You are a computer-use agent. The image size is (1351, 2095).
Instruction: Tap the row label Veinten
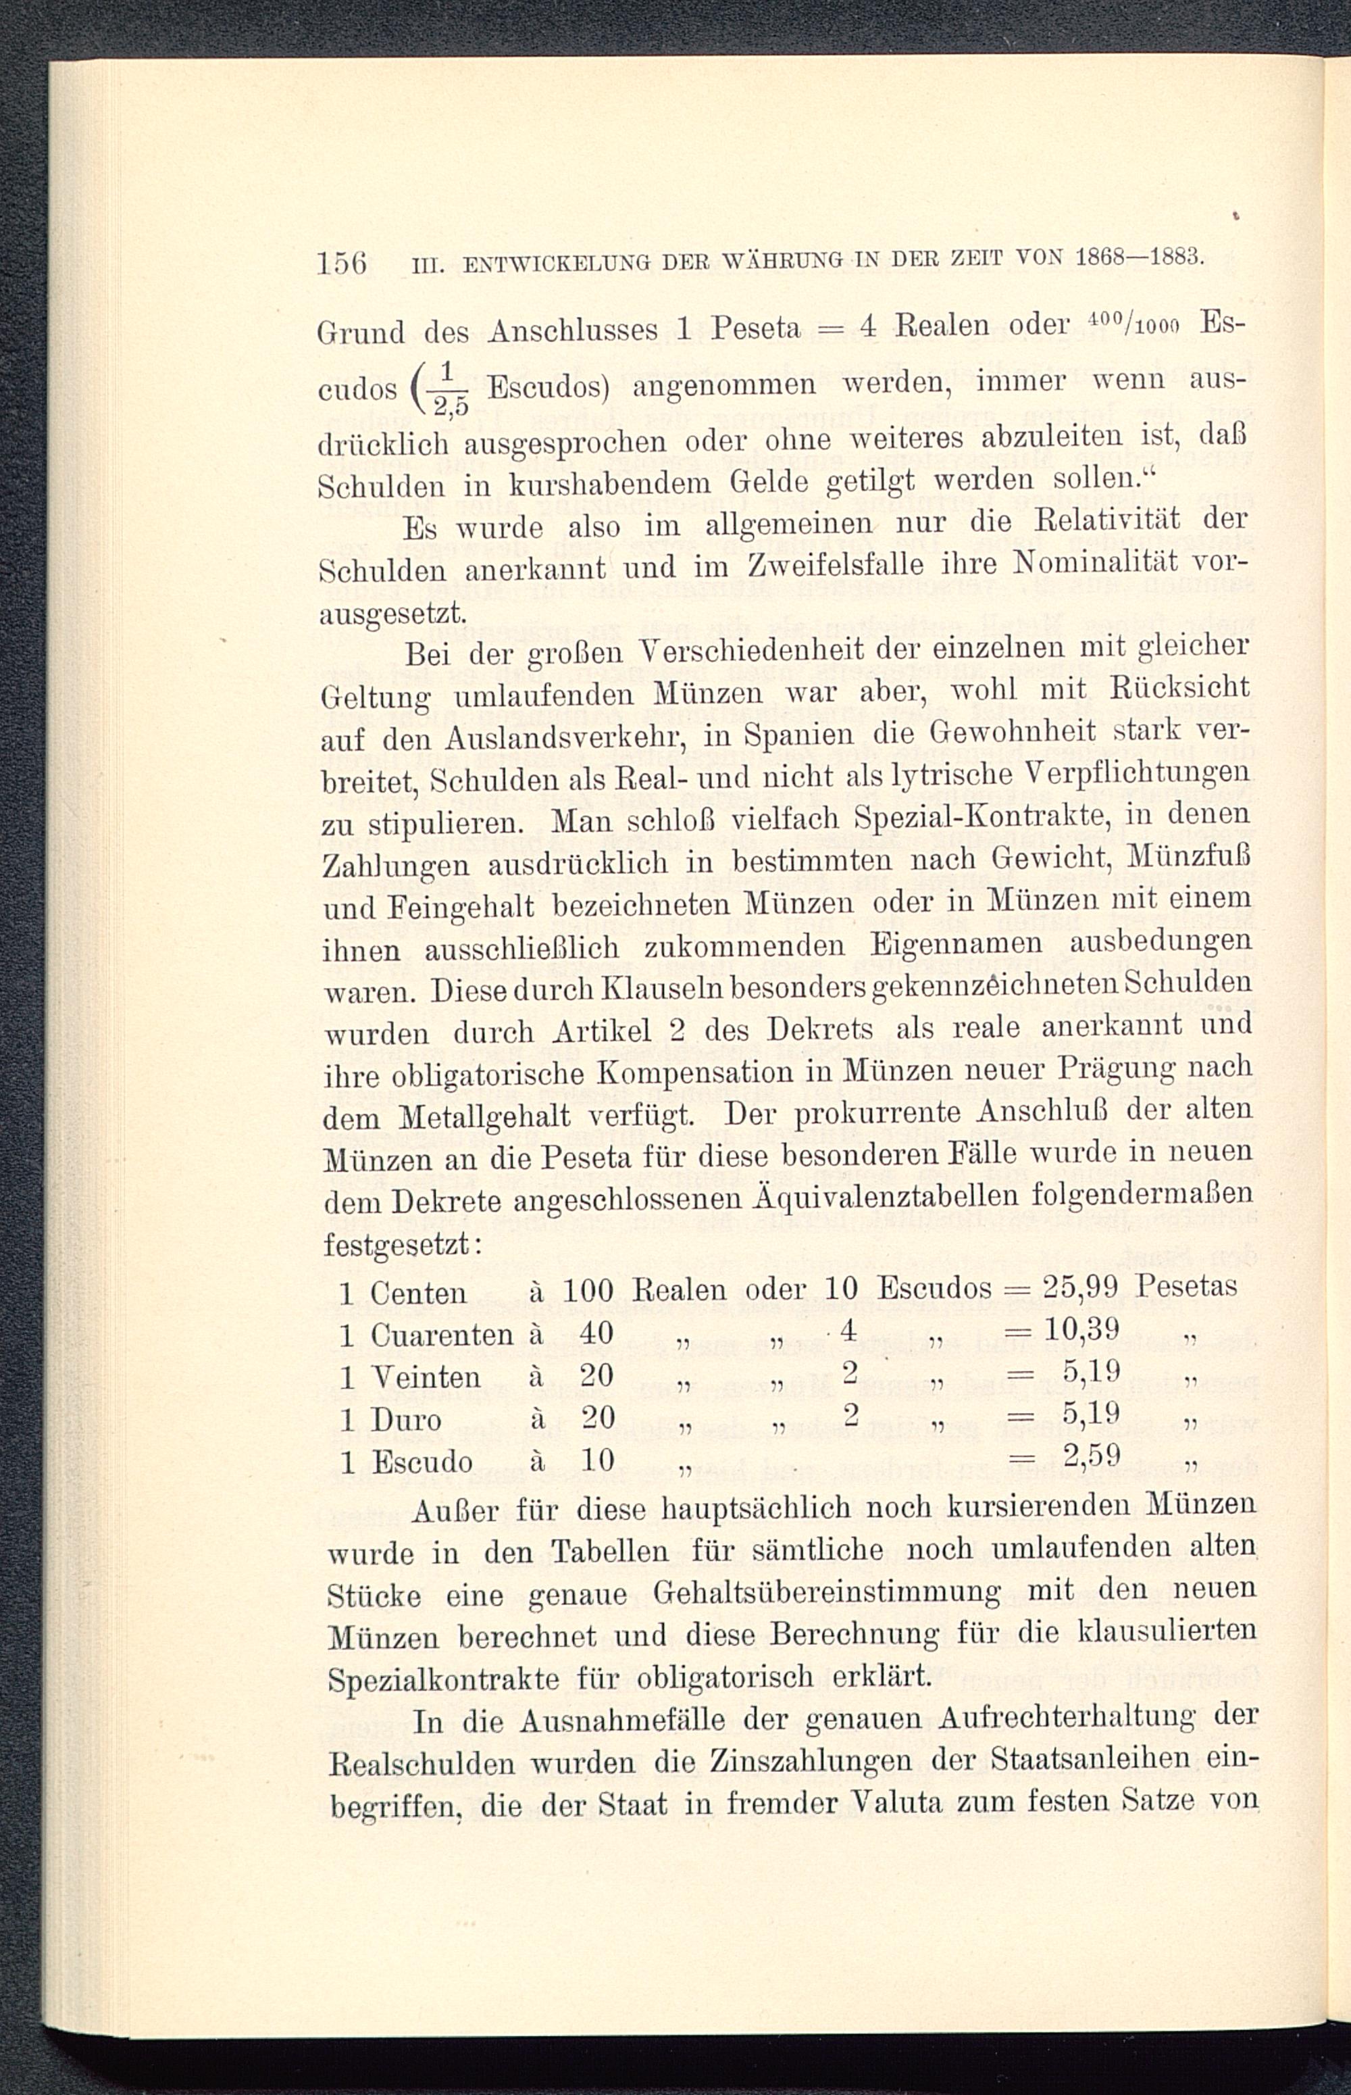coord(426,1378)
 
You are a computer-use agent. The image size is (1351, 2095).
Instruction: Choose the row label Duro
coord(405,1420)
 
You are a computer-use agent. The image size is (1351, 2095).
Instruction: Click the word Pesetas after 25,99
coord(1186,1287)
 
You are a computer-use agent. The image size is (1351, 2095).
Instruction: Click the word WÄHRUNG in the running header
coord(767,262)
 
